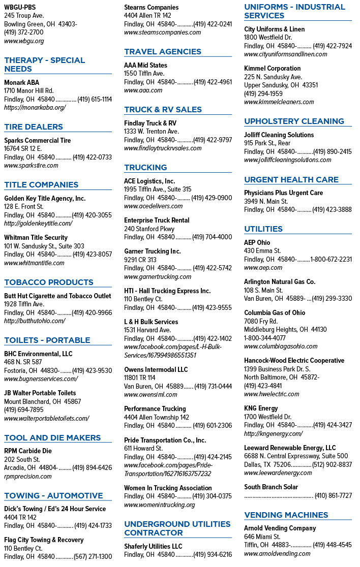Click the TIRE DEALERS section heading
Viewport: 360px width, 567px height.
(x=34, y=127)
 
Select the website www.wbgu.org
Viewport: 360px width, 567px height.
(x=24, y=41)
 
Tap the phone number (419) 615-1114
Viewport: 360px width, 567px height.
(x=95, y=99)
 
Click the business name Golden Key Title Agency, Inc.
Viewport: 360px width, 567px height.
(x=45, y=198)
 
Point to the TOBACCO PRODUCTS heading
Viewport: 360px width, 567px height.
(x=49, y=282)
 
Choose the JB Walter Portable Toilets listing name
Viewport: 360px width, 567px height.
(x=40, y=393)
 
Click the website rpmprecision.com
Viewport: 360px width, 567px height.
(x=28, y=476)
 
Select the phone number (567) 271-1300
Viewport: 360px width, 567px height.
(x=93, y=556)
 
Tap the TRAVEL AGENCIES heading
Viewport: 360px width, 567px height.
(x=163, y=52)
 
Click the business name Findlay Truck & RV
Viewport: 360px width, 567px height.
(x=150, y=123)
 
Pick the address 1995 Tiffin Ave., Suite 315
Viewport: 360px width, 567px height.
(x=158, y=189)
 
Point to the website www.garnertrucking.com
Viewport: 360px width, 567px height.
(x=158, y=276)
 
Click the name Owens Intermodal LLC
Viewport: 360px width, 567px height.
(x=156, y=369)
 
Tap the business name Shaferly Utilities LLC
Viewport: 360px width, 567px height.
(x=153, y=546)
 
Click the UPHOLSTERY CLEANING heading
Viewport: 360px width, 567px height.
(x=294, y=121)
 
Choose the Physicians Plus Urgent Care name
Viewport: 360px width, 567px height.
(x=283, y=193)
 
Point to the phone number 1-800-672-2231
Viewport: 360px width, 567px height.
(x=331, y=259)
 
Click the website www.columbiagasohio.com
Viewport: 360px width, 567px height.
(x=281, y=346)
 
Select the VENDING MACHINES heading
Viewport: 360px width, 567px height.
(x=286, y=515)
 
